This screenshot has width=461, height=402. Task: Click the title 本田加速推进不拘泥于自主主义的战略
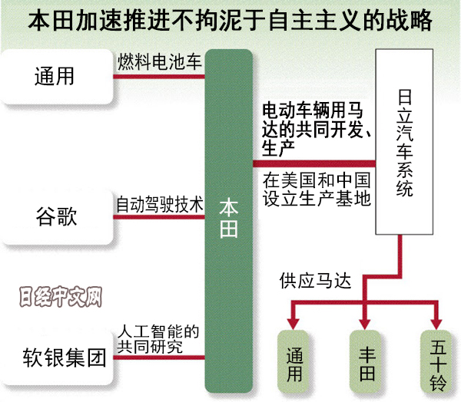point(230,20)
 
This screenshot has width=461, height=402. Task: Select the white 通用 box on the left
point(57,77)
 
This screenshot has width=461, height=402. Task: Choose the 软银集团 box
point(57,358)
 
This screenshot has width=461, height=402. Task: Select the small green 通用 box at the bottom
point(295,361)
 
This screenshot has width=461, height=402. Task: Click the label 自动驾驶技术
point(159,205)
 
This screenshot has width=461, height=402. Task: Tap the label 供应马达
point(316,281)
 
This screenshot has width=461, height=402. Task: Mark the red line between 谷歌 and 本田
point(159,217)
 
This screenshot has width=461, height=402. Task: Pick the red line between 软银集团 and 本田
point(159,358)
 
